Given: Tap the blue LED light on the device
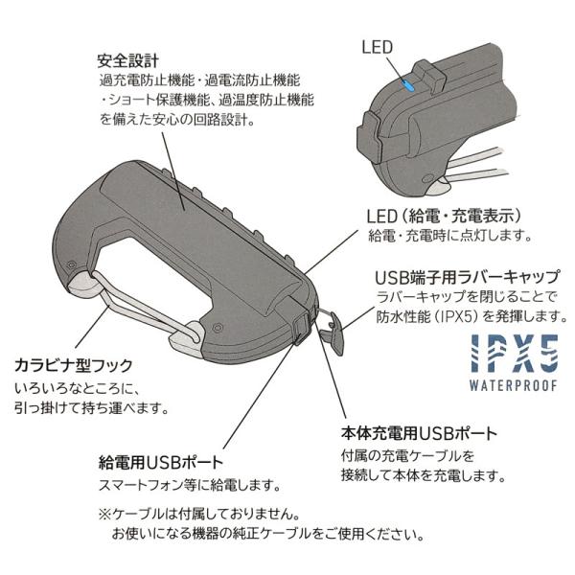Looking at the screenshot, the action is pyautogui.click(x=408, y=85).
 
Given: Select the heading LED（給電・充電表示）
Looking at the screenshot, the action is pyautogui.click(x=444, y=214).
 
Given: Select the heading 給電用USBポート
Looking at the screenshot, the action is pyautogui.click(x=160, y=461).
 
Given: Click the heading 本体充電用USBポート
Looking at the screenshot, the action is pyautogui.click(x=419, y=432).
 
